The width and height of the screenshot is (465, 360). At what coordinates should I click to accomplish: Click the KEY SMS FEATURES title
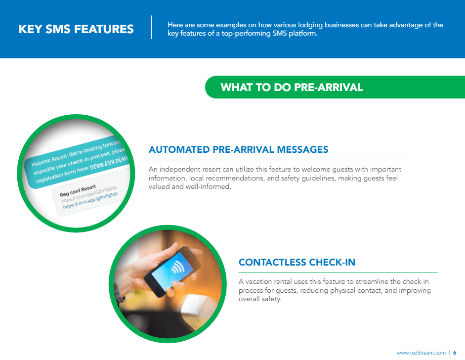coord(76,29)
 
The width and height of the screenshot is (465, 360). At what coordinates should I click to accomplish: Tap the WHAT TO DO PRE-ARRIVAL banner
coord(292,88)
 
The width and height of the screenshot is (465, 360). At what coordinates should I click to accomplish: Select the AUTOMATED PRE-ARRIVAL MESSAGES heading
coord(239,149)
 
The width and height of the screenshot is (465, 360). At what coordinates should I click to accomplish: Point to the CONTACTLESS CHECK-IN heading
coord(297,262)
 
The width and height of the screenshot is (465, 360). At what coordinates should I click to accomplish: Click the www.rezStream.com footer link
coord(421,353)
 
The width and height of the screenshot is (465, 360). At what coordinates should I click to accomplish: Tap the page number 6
coord(455,353)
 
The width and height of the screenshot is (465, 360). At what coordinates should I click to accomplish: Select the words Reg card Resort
coord(78,191)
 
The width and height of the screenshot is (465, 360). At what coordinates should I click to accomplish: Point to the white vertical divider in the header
coord(151,27)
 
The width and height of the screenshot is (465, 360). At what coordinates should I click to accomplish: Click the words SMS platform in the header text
coord(290,34)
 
